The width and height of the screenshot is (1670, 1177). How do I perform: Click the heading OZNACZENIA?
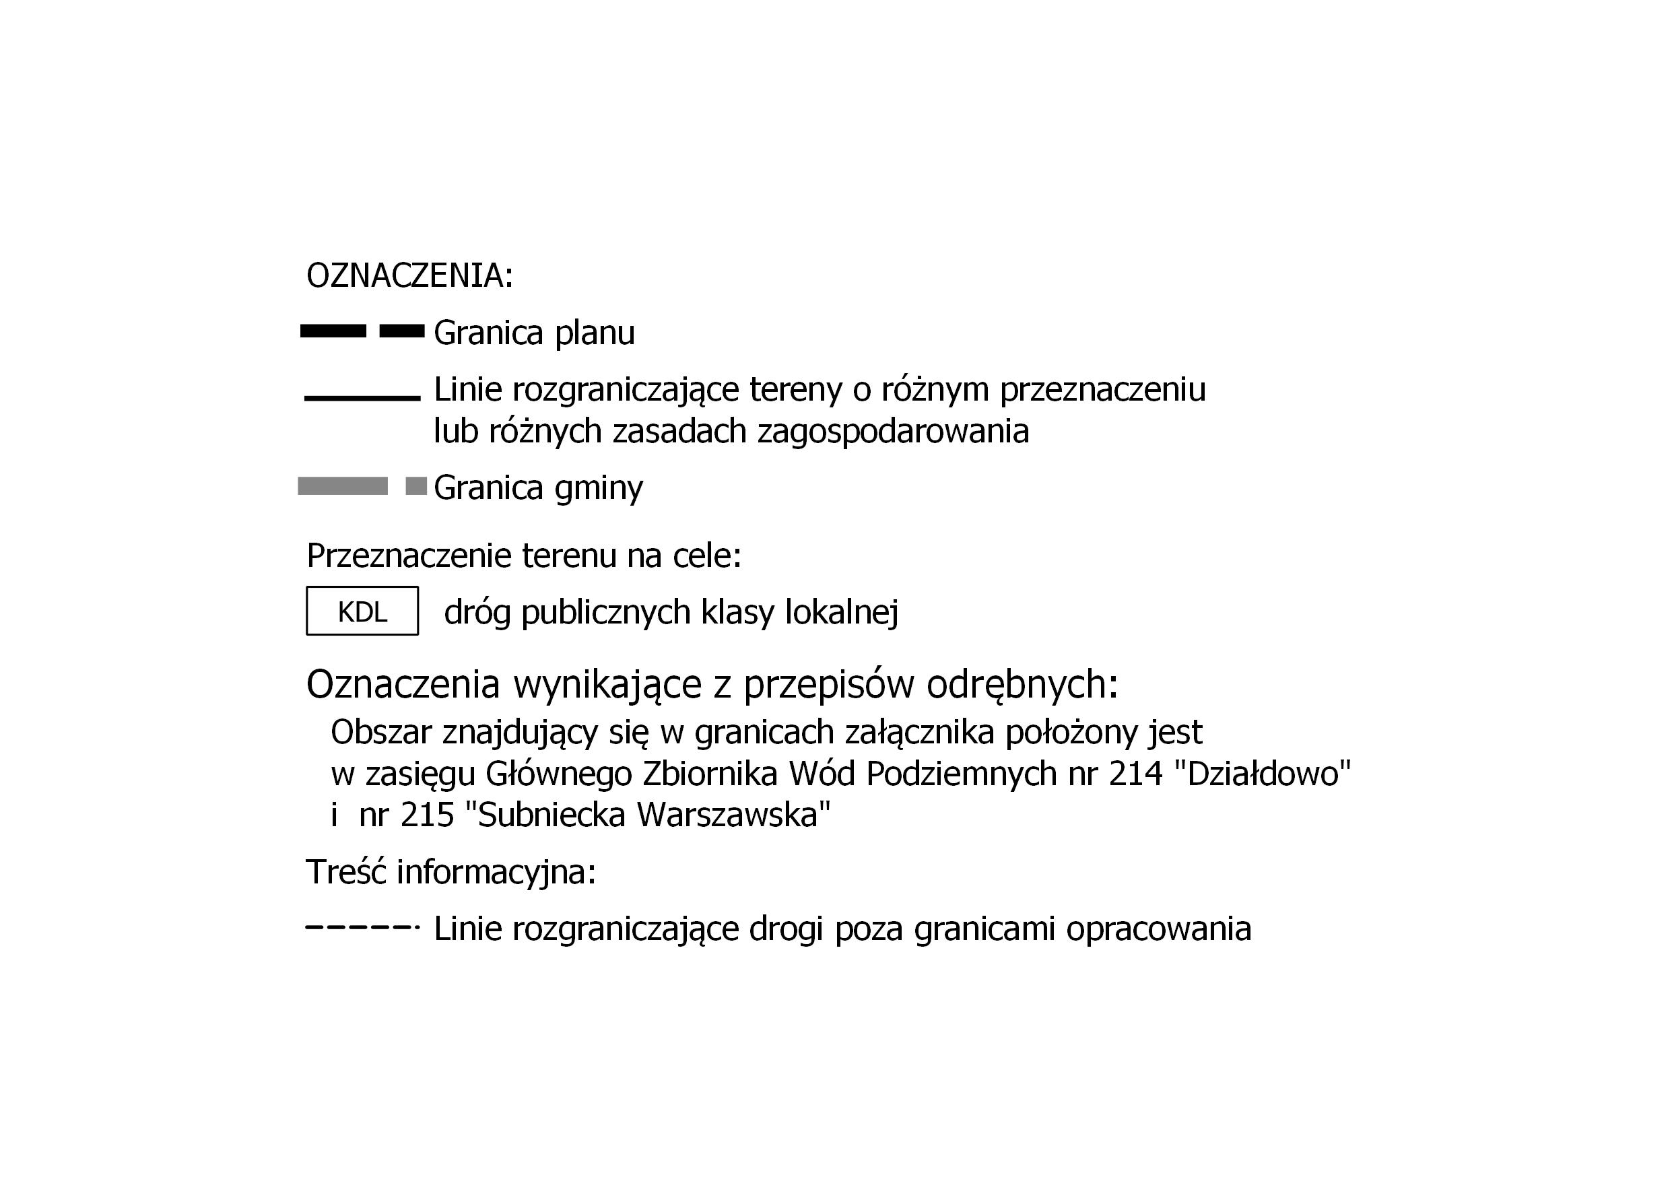pyautogui.click(x=409, y=275)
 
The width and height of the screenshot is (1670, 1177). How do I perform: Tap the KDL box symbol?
pyautogui.click(x=362, y=611)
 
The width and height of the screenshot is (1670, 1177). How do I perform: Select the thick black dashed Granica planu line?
pyautogui.click(x=362, y=331)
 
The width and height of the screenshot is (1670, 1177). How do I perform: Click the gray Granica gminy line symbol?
pyautogui.click(x=362, y=486)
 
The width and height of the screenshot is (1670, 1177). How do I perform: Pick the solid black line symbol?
pyautogui.click(x=362, y=398)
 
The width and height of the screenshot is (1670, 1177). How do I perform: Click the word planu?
pyautogui.click(x=594, y=333)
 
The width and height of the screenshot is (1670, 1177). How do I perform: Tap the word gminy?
pyautogui.click(x=599, y=488)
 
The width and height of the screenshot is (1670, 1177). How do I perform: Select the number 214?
pyautogui.click(x=1136, y=773)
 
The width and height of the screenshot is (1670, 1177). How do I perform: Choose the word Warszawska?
pyautogui.click(x=733, y=815)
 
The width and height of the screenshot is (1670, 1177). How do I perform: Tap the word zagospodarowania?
pyautogui.click(x=893, y=432)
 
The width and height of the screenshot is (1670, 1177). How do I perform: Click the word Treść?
pyautogui.click(x=345, y=871)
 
